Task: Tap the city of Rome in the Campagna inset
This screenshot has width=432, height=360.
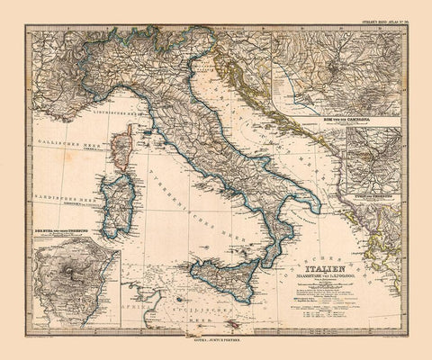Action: [336, 66]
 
